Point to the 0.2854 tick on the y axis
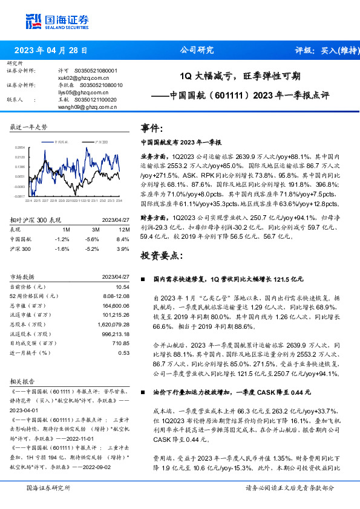[x=20, y=147]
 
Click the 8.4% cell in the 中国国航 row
[x=122, y=239]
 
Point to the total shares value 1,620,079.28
[x=113, y=323]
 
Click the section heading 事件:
[x=152, y=128]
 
